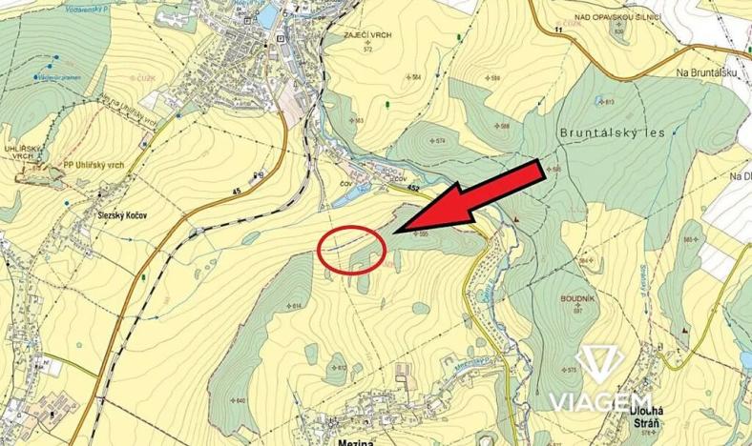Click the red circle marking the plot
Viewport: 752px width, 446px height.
351,250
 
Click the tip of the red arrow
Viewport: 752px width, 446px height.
393,230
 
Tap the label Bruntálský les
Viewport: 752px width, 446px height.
613,133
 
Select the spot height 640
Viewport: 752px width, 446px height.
239,399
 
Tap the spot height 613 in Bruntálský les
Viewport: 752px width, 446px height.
608,101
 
